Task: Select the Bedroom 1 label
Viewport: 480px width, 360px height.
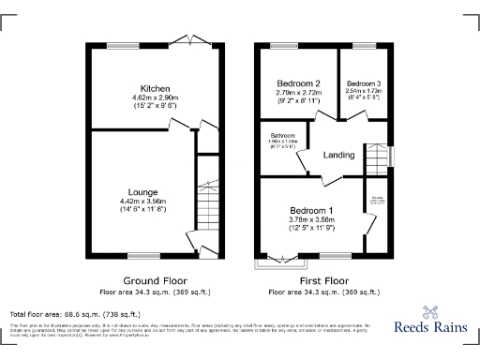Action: click(x=311, y=210)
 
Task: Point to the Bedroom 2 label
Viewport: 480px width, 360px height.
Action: click(x=296, y=83)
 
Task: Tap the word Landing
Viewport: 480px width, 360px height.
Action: click(x=340, y=156)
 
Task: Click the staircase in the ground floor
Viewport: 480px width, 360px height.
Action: click(x=207, y=202)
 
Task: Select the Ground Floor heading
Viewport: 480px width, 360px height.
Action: click(x=156, y=280)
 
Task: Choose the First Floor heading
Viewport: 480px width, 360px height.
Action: click(x=323, y=280)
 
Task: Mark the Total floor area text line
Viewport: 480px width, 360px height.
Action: click(x=75, y=314)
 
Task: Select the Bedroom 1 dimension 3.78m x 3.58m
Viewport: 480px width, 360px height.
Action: click(x=311, y=219)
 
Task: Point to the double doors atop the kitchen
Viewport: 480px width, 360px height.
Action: click(x=198, y=43)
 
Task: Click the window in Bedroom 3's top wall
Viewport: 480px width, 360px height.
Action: click(x=362, y=46)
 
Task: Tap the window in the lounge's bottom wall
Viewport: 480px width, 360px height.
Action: click(x=142, y=255)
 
